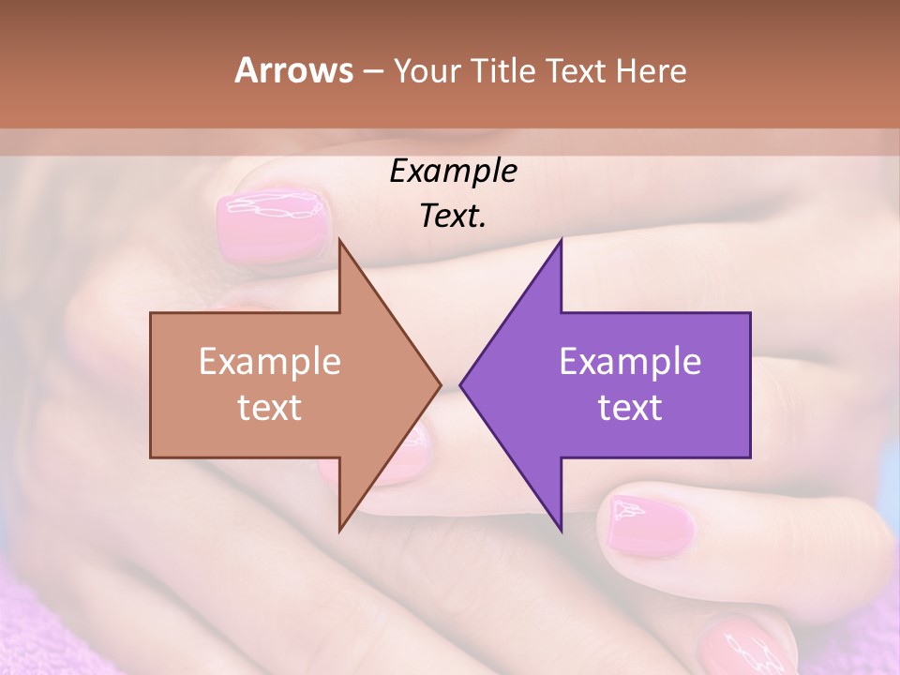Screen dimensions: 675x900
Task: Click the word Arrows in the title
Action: (293, 70)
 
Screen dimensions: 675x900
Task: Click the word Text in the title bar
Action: (577, 70)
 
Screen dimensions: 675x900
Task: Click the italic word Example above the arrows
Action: (453, 171)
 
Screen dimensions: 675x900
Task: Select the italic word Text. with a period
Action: (453, 216)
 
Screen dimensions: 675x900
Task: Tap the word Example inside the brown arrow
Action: (270, 361)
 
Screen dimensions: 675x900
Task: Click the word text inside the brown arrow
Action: (270, 408)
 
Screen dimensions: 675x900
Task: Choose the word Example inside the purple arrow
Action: (630, 361)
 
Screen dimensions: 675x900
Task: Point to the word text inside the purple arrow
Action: (630, 408)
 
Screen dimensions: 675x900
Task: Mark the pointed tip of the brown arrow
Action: (440, 384)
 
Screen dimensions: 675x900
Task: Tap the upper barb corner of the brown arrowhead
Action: (339, 240)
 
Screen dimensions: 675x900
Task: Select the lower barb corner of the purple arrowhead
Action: (561, 531)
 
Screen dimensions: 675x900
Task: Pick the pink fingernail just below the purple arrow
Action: (647, 525)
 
